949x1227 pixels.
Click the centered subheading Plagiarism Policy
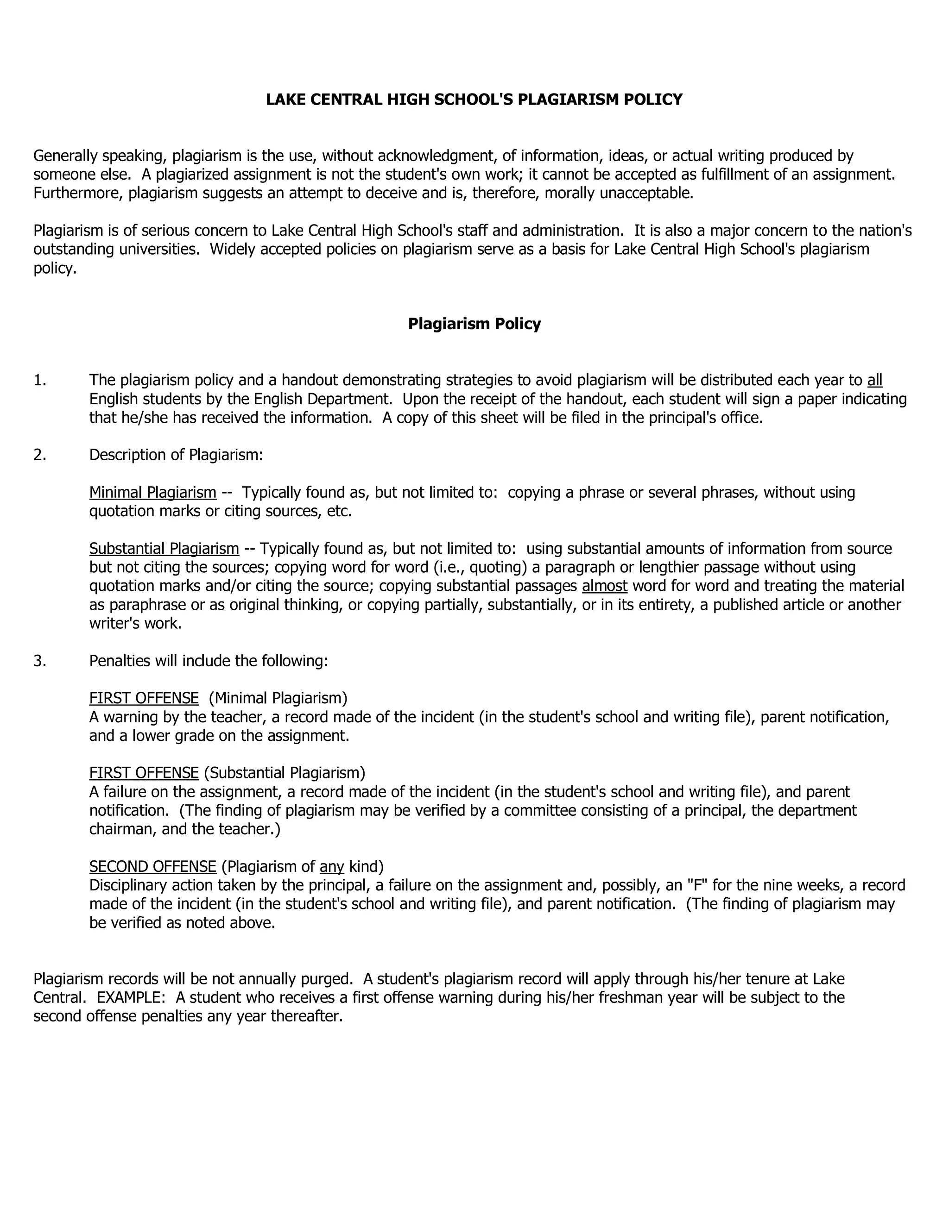coord(474,324)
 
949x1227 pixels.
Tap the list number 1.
coord(39,380)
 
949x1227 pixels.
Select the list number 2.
coord(39,455)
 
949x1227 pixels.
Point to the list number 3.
coord(39,661)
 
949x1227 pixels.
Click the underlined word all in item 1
coord(874,380)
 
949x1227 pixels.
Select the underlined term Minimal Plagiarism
coord(152,493)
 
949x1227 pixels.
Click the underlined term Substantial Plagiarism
coord(164,549)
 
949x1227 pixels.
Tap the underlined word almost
coord(604,586)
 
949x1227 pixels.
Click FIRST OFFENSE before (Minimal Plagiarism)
coord(144,698)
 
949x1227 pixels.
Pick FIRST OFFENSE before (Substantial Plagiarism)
coord(144,773)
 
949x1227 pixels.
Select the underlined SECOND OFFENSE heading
coord(152,867)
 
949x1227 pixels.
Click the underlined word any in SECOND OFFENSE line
coord(332,867)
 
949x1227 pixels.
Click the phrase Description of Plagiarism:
coord(176,455)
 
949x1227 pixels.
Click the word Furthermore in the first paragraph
coord(78,193)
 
